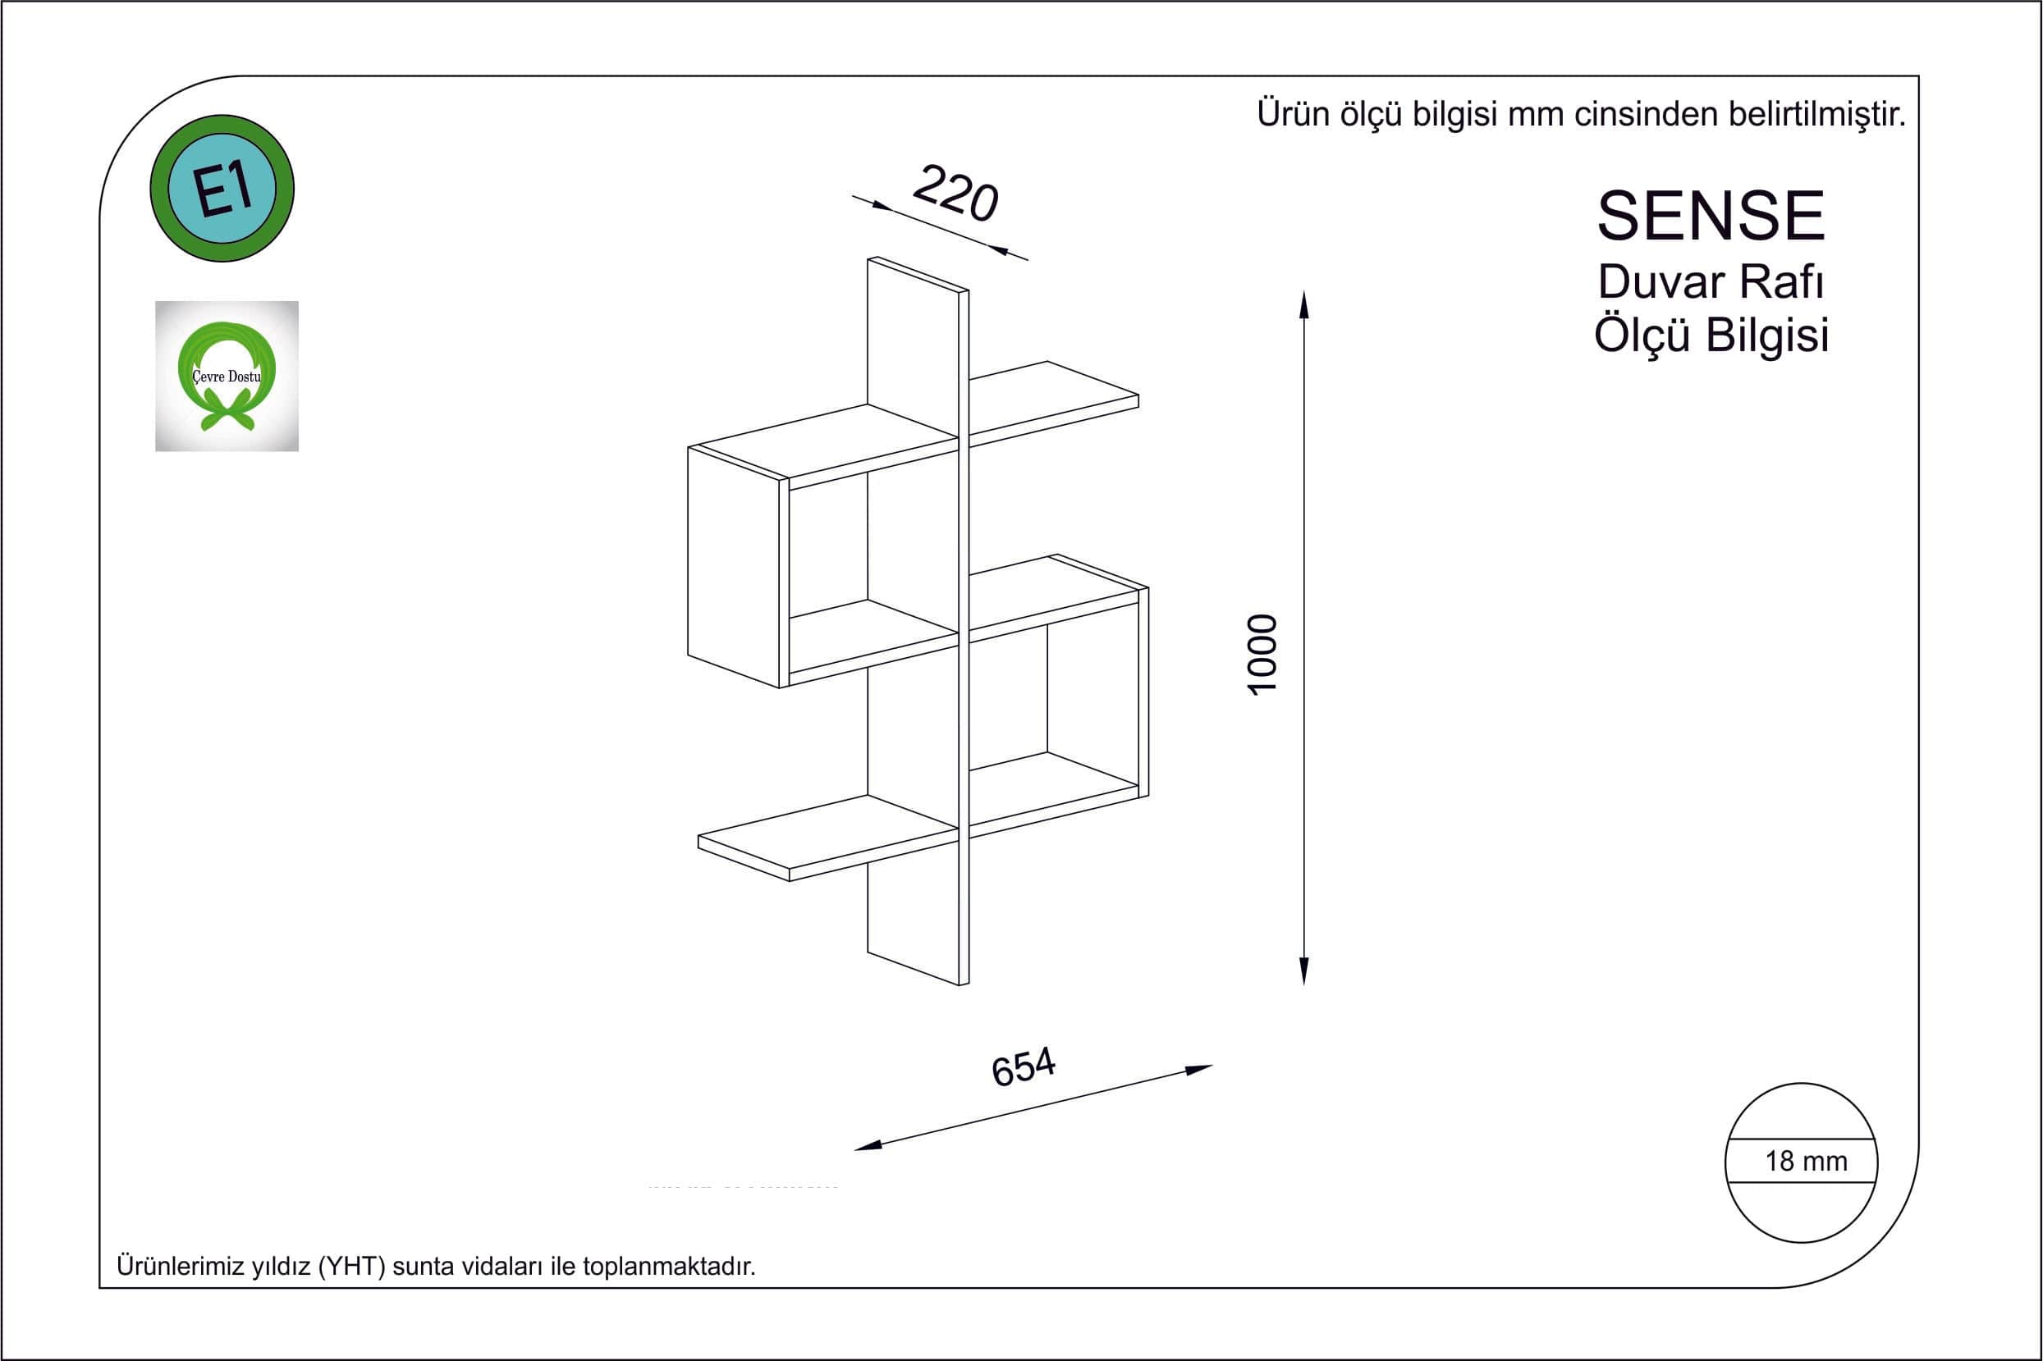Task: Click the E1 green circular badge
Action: tap(222, 189)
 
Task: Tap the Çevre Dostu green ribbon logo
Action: tap(227, 377)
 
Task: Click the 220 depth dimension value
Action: tap(955, 194)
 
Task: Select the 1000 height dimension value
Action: tap(1263, 654)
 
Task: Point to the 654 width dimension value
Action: tap(1024, 1066)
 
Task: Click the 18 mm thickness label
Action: tap(1806, 1162)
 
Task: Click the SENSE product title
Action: tap(1711, 216)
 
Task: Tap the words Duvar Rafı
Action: tap(1711, 282)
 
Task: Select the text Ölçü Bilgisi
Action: tap(1711, 335)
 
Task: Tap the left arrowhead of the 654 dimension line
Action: tap(868, 1146)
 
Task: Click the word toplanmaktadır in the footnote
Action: tap(670, 1267)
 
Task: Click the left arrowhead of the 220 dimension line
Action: tap(882, 207)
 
